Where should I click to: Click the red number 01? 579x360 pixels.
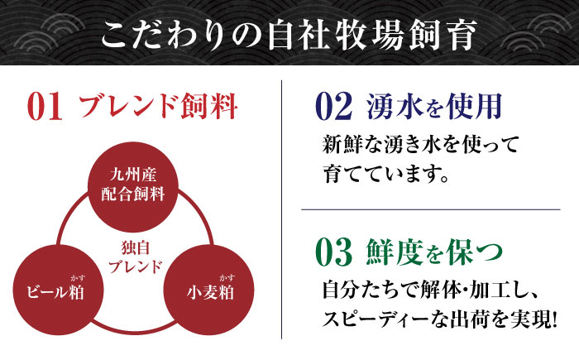45,108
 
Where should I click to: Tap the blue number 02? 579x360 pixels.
334,107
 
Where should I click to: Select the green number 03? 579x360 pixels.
334,252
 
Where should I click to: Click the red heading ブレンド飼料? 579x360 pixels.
158,107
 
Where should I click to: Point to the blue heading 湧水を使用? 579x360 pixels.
434,107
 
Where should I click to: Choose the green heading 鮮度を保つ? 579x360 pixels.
434,252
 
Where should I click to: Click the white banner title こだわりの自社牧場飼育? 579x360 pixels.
289,36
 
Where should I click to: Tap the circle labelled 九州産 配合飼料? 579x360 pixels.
133,187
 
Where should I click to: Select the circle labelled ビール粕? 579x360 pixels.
59,290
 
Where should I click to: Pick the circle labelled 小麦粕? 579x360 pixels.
208,290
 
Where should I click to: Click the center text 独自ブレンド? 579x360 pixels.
136,257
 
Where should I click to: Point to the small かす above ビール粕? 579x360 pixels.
78,278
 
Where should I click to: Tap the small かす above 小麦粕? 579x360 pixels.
227,278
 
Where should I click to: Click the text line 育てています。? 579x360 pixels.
386,174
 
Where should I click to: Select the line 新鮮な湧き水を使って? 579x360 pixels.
421,145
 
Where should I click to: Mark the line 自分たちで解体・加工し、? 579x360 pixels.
430,290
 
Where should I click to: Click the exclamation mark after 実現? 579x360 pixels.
554,320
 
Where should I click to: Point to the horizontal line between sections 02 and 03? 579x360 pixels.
431,209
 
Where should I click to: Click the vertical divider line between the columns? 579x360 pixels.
282,209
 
